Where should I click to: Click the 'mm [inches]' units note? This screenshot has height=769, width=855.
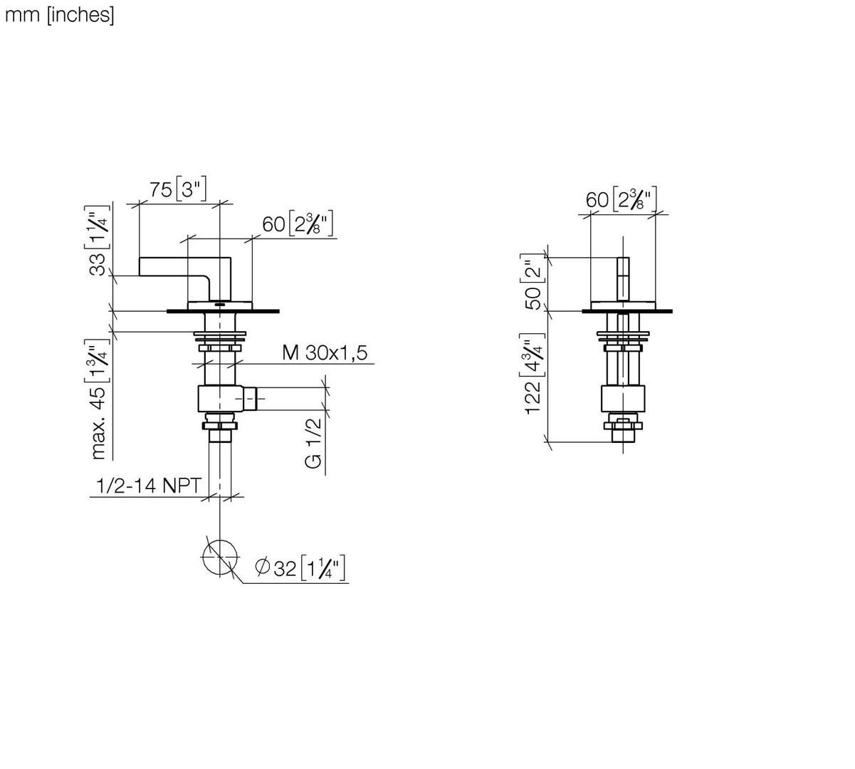(59, 16)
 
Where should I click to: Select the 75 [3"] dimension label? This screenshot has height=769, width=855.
(178, 189)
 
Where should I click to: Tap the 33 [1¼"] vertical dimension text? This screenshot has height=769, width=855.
(98, 241)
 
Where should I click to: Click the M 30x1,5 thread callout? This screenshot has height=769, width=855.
(325, 352)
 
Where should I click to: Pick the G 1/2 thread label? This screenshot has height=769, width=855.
(313, 443)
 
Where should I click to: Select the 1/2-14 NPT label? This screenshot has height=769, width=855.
(149, 486)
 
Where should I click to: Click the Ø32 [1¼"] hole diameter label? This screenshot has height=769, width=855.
(300, 568)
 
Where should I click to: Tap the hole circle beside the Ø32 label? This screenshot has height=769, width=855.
(220, 540)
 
